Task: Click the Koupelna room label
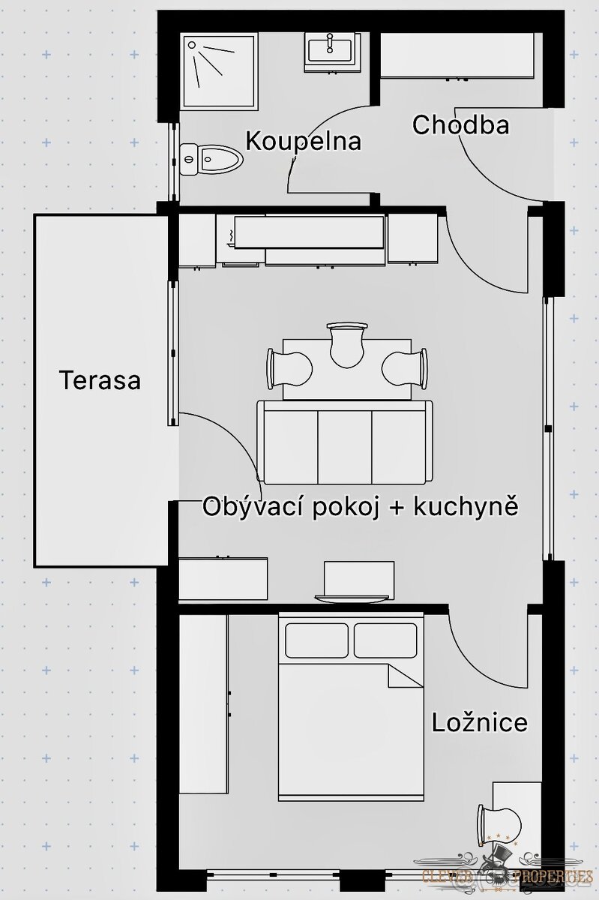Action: click(303, 141)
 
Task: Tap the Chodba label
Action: click(460, 124)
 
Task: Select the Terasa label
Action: click(100, 379)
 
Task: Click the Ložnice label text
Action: click(479, 723)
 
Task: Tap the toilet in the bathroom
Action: click(212, 159)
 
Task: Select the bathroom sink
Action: click(330, 51)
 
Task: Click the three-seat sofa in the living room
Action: click(345, 443)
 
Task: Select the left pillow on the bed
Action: click(316, 640)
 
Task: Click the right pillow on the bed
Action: click(385, 640)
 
